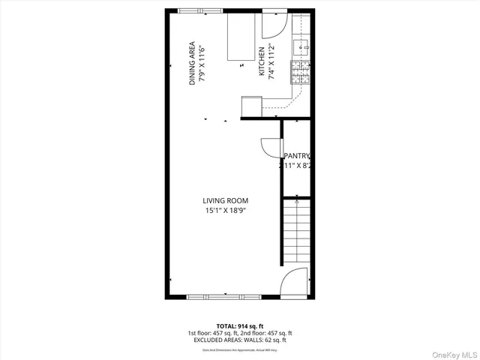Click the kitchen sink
pos(303,47)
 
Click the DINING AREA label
pos(193,63)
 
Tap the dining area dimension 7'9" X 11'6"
pos(203,64)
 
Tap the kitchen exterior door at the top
pos(271,25)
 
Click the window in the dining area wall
pos(199,10)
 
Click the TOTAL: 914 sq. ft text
pos(240,325)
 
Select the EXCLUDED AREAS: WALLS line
pos(240,340)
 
